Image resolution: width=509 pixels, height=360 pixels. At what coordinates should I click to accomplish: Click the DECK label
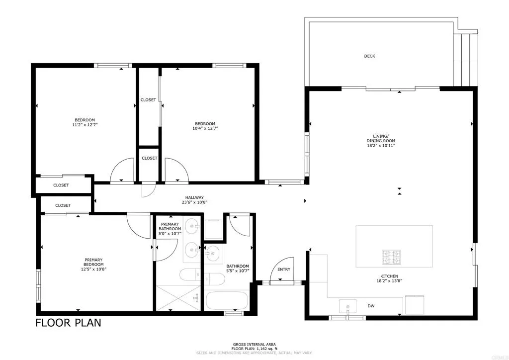[369, 56]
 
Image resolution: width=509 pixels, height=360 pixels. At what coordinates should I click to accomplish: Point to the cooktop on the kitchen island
[391, 257]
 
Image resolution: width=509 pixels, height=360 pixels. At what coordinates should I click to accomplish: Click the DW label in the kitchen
[371, 306]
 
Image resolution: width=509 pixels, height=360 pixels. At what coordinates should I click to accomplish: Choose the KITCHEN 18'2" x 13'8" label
[390, 279]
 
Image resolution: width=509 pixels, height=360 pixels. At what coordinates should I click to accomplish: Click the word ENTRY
[284, 270]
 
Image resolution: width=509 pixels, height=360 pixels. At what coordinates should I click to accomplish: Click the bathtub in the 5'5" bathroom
[226, 300]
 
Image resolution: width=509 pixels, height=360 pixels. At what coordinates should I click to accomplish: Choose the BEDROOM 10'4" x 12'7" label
[205, 126]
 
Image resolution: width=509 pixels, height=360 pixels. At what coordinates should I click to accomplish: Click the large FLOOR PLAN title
[68, 323]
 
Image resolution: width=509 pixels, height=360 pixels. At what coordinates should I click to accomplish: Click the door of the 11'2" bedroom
[122, 171]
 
